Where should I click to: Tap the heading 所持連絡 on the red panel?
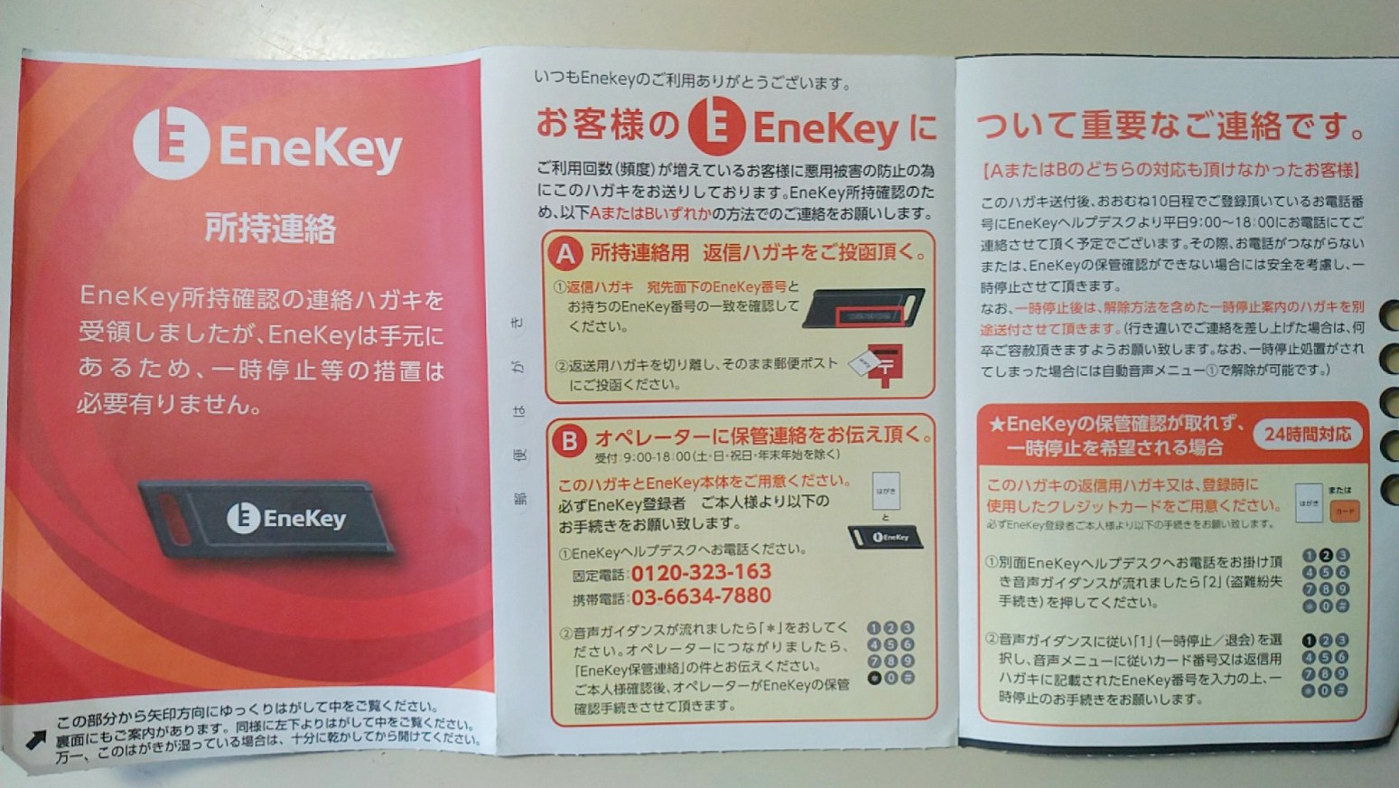point(270,229)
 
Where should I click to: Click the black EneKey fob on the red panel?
point(267,519)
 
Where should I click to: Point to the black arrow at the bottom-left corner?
point(35,740)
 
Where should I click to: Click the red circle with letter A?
point(566,254)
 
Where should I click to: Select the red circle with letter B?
point(569,440)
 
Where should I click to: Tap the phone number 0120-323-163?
point(701,572)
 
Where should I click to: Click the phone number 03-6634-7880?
point(701,596)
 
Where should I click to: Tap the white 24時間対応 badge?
point(1307,435)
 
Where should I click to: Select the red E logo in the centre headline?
point(715,126)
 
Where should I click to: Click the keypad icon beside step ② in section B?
point(891,652)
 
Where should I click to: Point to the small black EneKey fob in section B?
point(885,537)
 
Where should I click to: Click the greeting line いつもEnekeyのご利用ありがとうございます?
point(692,82)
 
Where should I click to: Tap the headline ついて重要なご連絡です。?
point(1170,126)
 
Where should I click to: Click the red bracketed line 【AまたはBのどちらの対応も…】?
point(1171,170)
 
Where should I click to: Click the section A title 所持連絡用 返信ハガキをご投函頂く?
point(759,252)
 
